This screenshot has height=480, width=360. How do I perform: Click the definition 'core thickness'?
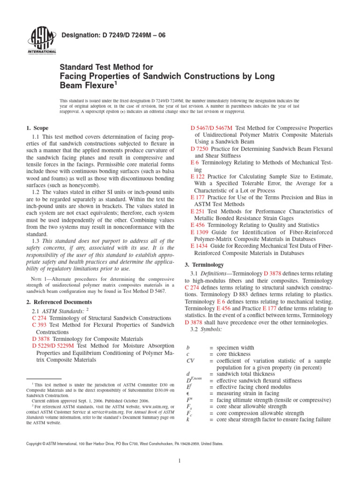(x=235, y=354)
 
